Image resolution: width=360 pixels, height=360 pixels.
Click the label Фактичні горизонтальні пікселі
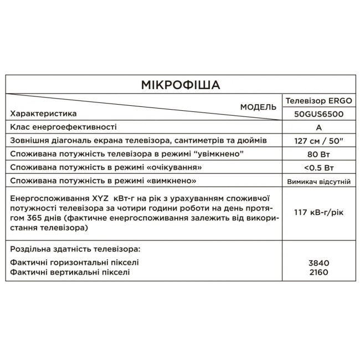point(74,263)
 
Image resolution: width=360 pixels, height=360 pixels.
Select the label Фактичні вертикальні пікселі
point(70,272)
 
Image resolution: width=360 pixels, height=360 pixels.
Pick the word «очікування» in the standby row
point(170,167)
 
